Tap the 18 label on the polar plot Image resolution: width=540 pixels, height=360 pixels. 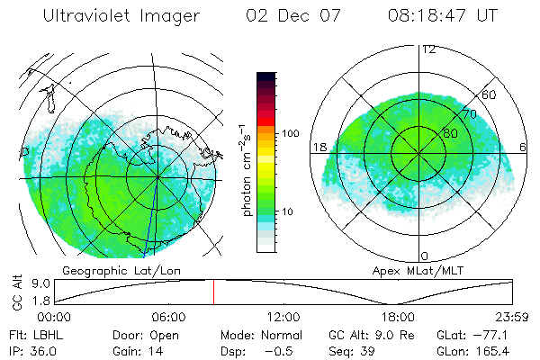(x=319, y=147)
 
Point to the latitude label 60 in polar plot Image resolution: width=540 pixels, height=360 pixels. (x=489, y=94)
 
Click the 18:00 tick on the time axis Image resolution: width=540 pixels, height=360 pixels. (x=399, y=316)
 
